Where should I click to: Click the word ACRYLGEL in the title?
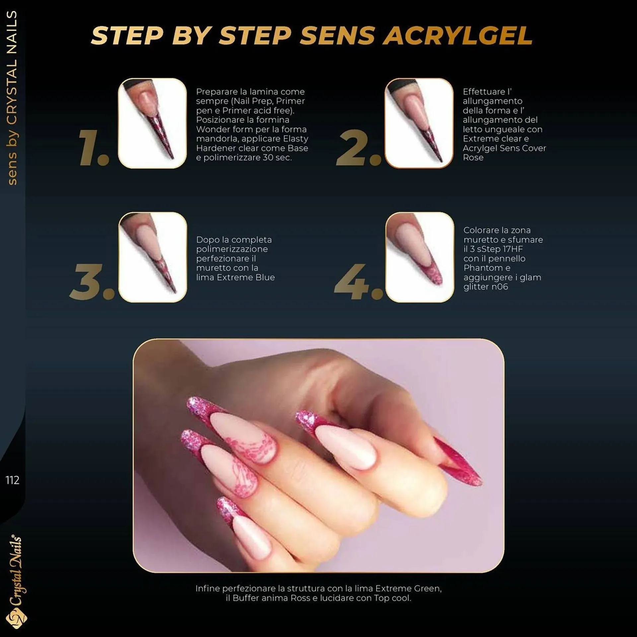(x=460, y=35)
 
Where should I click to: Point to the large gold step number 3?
(x=91, y=282)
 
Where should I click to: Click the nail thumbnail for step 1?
(x=152, y=123)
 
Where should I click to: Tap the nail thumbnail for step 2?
(x=419, y=123)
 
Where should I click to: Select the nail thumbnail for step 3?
(x=153, y=257)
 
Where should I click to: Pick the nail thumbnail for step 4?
(x=419, y=257)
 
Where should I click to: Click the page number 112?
(x=12, y=480)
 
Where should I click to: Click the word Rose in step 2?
(x=473, y=158)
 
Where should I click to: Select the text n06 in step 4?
(x=500, y=287)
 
